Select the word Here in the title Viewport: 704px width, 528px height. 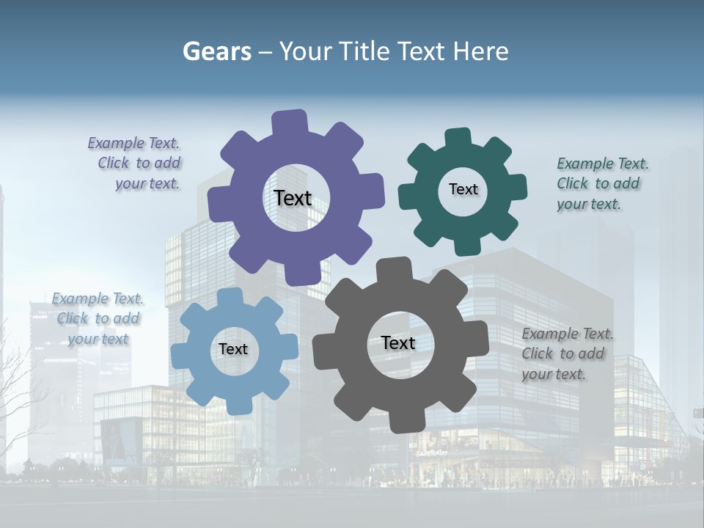coord(480,51)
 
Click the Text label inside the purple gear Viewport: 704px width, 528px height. coord(293,198)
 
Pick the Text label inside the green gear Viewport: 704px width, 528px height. coord(463,189)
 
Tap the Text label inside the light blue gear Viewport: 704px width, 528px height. coord(233,349)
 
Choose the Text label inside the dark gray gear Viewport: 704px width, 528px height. coord(398,342)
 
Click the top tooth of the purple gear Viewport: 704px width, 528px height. coord(289,122)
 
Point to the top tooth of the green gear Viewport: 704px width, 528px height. coord(458,138)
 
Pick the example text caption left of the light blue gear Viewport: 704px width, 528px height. coord(98,318)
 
